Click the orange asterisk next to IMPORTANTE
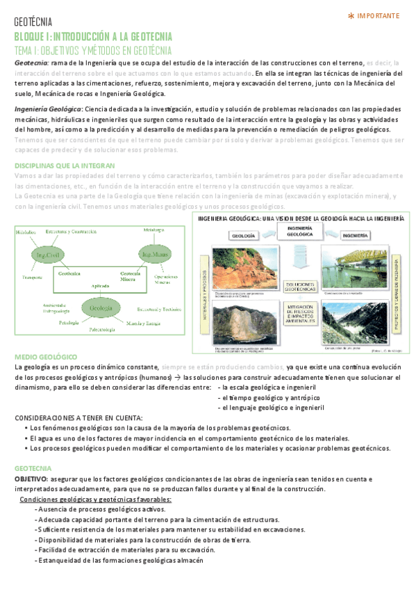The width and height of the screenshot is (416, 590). tap(351, 15)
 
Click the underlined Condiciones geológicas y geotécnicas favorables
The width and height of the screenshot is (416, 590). tap(96, 500)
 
